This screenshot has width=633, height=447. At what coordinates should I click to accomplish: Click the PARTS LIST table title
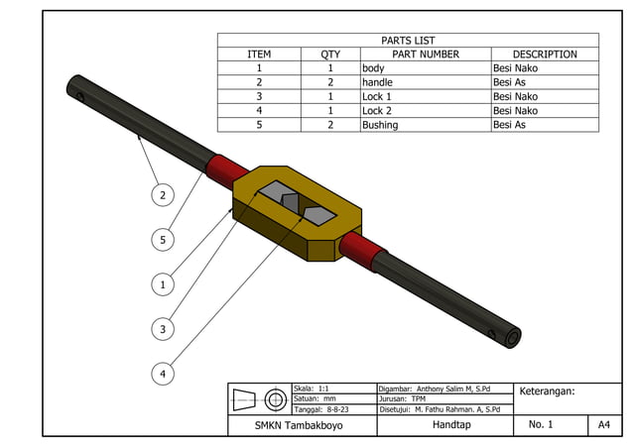[408, 41]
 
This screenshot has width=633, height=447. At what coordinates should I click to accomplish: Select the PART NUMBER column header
[425, 55]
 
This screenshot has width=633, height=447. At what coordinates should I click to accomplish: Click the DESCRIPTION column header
[545, 55]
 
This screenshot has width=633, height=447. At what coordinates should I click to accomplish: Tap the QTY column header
[330, 55]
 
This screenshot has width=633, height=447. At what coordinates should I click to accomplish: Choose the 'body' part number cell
[373, 68]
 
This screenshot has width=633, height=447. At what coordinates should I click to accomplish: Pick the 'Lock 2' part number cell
[377, 111]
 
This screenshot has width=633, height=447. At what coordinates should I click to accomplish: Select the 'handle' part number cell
[377, 82]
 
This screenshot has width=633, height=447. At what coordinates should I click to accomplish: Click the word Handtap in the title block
[451, 425]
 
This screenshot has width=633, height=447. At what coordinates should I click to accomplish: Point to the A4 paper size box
[602, 425]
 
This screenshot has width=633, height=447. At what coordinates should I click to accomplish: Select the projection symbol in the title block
[260, 399]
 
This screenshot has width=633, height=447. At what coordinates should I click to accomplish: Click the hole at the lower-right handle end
[511, 338]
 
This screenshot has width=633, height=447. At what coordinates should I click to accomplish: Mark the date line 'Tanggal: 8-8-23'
[321, 408]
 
